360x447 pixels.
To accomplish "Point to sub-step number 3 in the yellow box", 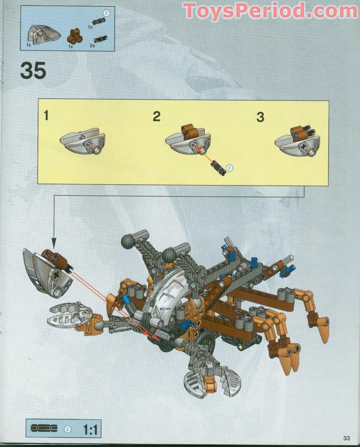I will pyautogui.click(x=260, y=117).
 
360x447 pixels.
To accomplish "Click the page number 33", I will pyautogui.click(x=346, y=438).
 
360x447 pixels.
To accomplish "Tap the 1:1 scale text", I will pyautogui.click(x=90, y=429).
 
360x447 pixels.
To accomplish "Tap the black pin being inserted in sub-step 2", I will pyautogui.click(x=217, y=168).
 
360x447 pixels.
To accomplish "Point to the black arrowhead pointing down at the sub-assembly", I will pyautogui.click(x=54, y=243).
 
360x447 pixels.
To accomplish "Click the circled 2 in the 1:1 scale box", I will pyautogui.click(x=68, y=429).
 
